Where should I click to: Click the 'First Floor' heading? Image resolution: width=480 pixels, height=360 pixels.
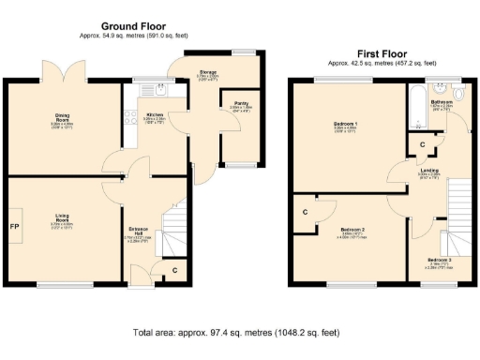382,54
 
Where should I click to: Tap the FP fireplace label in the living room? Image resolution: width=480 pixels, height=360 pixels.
15,228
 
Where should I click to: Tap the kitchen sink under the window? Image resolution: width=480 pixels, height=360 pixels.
160,92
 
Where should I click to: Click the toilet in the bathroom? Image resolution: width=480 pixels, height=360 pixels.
458,94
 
